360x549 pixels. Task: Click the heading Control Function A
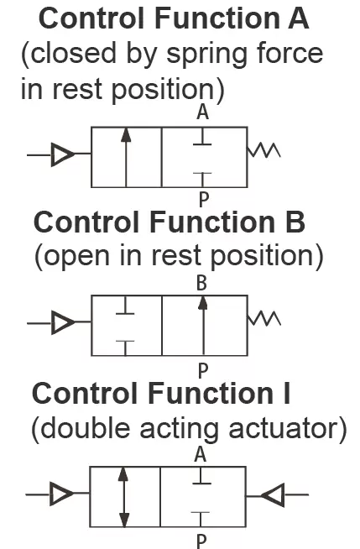174,18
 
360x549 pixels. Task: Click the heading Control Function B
170,222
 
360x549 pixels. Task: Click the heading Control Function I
161,393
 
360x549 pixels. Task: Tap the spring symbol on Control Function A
263,150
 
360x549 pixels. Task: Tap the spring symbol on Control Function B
264,318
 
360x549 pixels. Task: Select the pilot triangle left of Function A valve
63,154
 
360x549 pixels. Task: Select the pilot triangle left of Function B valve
63,322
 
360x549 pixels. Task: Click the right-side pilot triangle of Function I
273,494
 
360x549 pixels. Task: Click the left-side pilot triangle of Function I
61,494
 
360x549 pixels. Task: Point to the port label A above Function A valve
202,112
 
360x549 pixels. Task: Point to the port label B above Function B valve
202,283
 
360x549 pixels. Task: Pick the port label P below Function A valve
204,200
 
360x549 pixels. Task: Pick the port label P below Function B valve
203,370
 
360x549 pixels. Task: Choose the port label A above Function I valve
200,454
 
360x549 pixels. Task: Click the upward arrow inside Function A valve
126,157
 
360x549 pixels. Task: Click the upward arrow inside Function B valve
203,326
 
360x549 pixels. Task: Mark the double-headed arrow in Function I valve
123,497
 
